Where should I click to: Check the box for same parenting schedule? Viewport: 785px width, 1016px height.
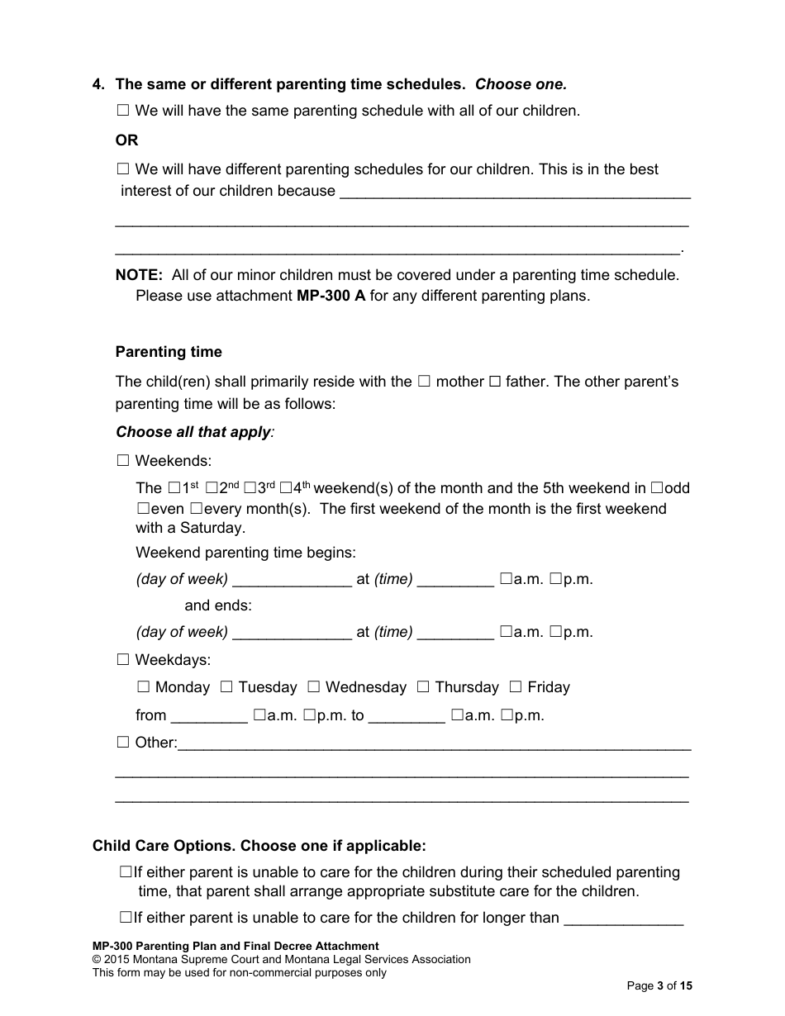[123, 110]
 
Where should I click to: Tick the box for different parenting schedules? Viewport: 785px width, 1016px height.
[123, 169]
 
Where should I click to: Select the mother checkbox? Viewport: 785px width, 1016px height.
[424, 382]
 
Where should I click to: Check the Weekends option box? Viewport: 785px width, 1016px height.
[123, 461]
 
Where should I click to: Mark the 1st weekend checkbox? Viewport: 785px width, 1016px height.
[173, 488]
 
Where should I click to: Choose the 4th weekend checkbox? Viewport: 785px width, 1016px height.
[286, 488]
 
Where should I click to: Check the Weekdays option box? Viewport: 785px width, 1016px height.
[123, 660]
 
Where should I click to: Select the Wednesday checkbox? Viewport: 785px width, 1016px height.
[314, 687]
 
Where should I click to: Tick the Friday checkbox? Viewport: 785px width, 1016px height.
[516, 687]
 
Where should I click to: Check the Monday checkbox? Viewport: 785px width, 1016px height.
[143, 687]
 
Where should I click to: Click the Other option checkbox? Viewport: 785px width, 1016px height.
[123, 743]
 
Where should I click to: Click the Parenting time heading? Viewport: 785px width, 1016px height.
[169, 352]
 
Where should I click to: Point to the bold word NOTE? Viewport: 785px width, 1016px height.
[139, 275]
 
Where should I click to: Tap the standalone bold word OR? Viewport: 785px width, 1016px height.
[126, 140]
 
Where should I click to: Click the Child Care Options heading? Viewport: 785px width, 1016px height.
[259, 846]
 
